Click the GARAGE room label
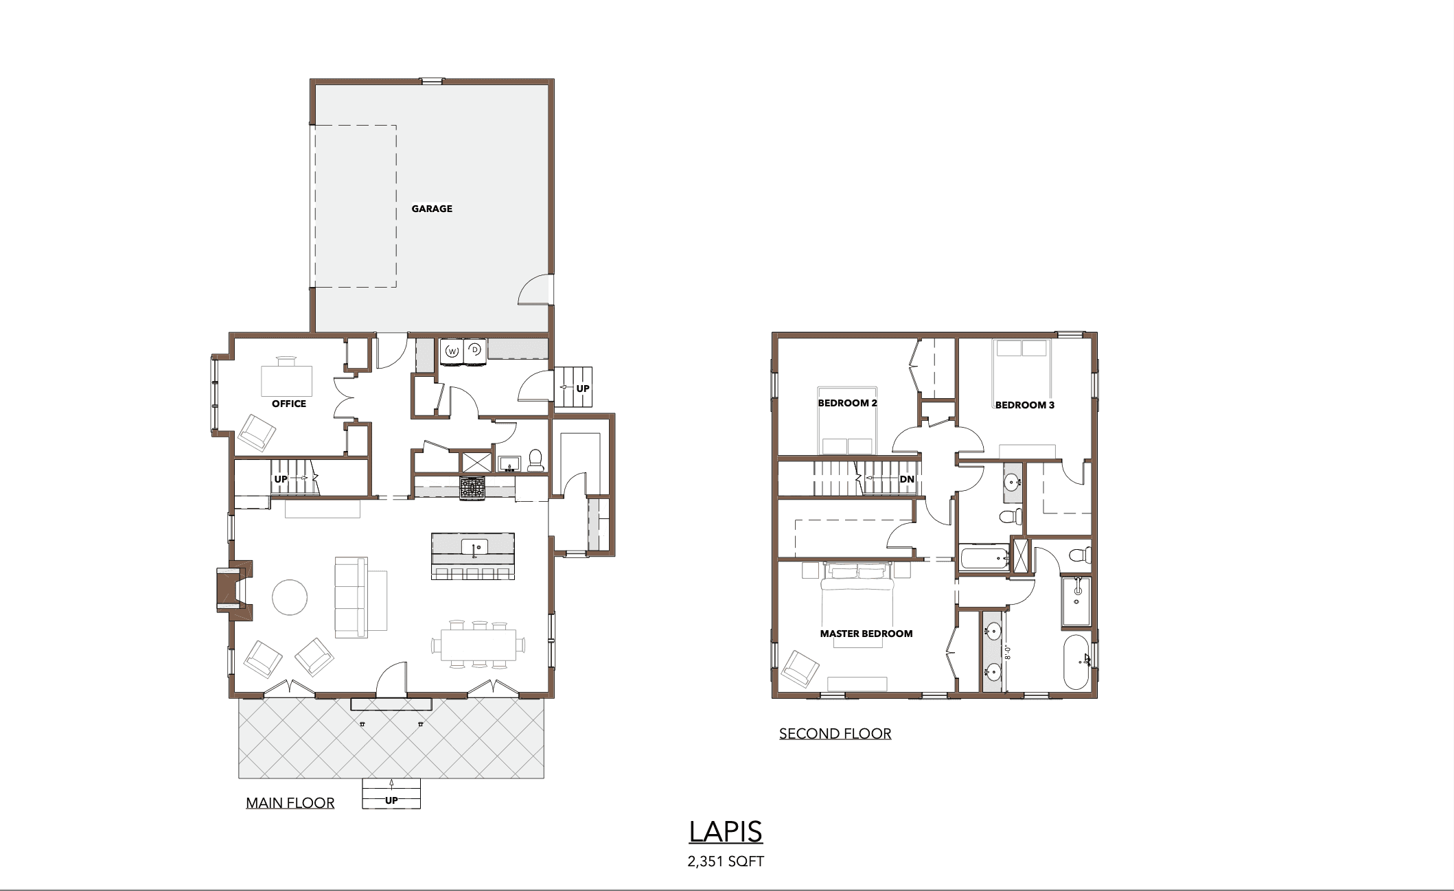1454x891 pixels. pos(432,209)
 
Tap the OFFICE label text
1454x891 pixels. pos(289,404)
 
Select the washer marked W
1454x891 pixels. pos(452,351)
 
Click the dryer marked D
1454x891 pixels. pos(474,350)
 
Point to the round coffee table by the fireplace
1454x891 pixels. pos(290,597)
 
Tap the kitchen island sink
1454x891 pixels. pos(474,547)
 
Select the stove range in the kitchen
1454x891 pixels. pos(472,487)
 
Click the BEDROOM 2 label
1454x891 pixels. pos(847,403)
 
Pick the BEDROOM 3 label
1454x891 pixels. pos(1025,405)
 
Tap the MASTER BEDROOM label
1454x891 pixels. pos(866,634)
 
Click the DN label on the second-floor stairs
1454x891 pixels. pos(907,479)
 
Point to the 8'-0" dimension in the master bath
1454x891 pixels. pos(1008,651)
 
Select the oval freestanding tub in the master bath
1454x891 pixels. pos(1076,662)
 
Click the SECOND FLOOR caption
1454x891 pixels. pos(835,734)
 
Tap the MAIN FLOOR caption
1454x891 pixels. pos(290,803)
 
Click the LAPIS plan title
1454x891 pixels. pos(726,832)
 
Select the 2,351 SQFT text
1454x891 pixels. pos(726,861)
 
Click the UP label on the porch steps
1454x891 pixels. pos(391,800)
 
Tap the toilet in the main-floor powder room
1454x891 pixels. pos(535,461)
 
